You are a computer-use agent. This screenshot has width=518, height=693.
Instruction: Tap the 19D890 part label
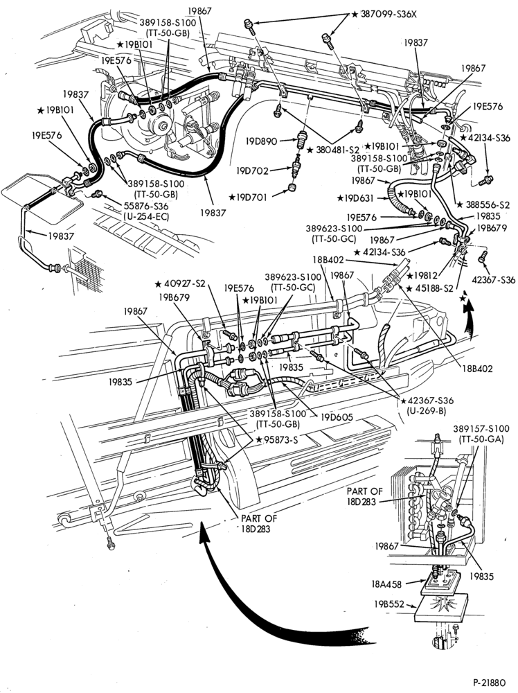pyautogui.click(x=262, y=141)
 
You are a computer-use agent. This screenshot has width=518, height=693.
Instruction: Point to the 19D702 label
pyautogui.click(x=253, y=170)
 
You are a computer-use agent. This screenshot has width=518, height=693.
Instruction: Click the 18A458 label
pyautogui.click(x=386, y=584)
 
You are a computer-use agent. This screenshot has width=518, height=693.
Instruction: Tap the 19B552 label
pyautogui.click(x=389, y=604)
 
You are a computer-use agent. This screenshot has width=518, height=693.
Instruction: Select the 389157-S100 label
pyautogui.click(x=481, y=429)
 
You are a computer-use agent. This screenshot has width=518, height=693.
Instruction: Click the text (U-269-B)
pyautogui.click(x=426, y=410)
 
